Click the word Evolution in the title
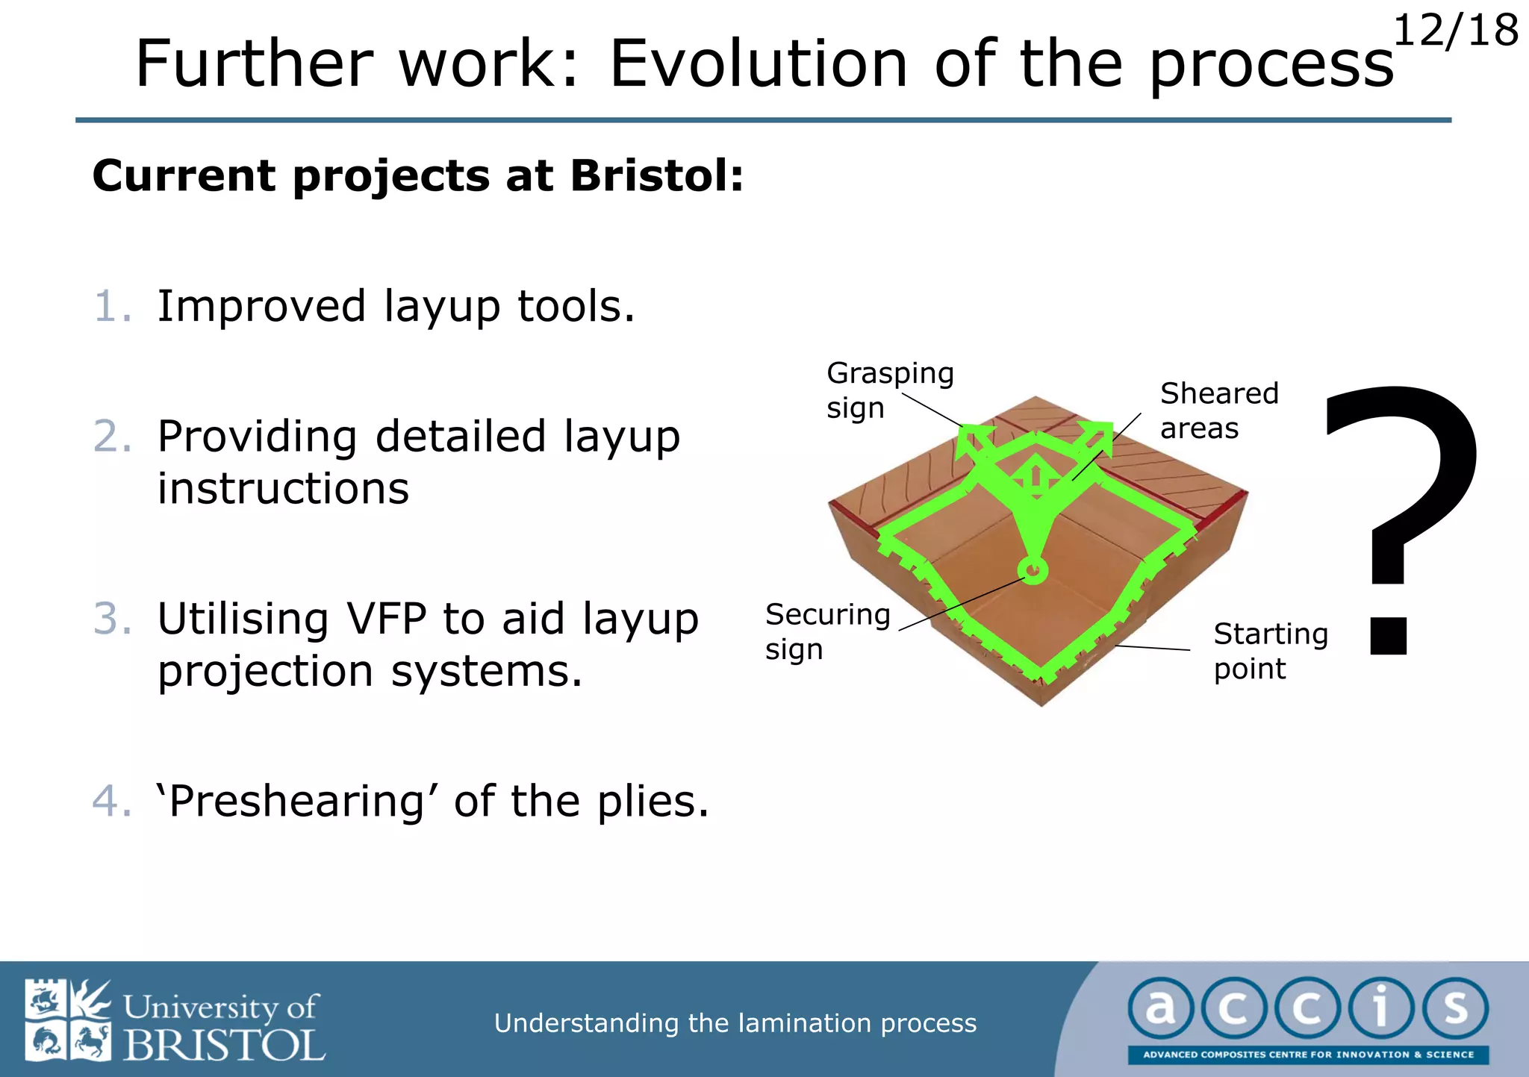[759, 64]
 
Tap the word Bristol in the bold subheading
[656, 176]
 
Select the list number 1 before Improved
[112, 307]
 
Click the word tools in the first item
[576, 307]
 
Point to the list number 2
[112, 437]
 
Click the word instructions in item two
[283, 489]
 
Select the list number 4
[112, 802]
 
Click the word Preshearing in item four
[297, 802]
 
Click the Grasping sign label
[889, 390]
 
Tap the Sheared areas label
[1218, 410]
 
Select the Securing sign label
[827, 631]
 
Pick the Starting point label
[1270, 650]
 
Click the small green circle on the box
[1033, 571]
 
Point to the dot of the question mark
[1389, 636]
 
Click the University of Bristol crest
[68, 1020]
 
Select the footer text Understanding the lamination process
[735, 1023]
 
